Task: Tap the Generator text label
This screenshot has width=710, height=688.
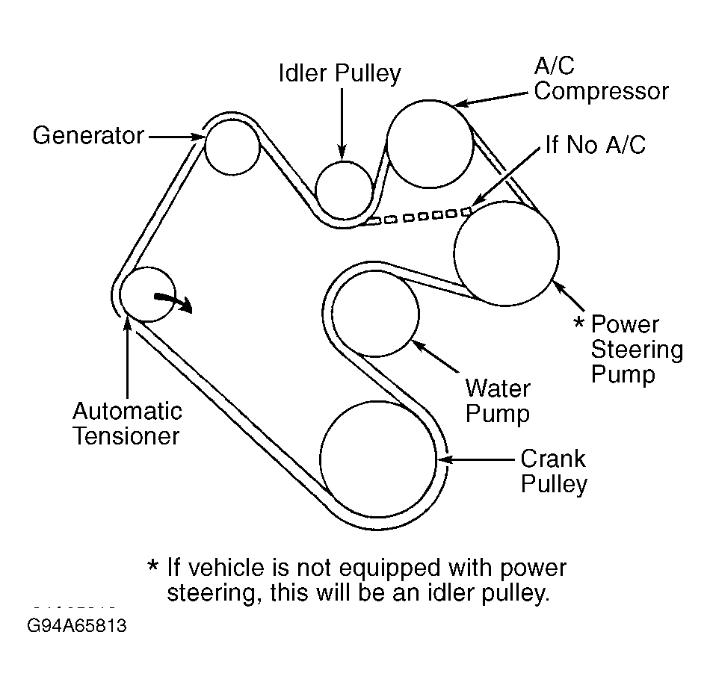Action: [x=88, y=135]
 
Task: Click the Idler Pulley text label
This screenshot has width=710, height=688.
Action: [x=339, y=74]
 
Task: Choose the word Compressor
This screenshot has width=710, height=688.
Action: [x=602, y=91]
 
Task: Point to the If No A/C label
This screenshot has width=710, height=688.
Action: [x=596, y=145]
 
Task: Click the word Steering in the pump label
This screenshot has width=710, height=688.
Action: [x=637, y=350]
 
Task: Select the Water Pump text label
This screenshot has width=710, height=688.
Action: [x=498, y=401]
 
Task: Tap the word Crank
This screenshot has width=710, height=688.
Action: [x=553, y=459]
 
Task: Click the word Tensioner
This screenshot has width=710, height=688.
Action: [x=126, y=436]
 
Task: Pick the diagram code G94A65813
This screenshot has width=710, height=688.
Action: [x=77, y=626]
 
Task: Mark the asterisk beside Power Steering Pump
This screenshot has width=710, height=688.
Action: [x=578, y=323]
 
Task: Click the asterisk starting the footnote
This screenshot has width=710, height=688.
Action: [x=153, y=565]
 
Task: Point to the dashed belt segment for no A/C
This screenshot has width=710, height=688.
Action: [x=419, y=217]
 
